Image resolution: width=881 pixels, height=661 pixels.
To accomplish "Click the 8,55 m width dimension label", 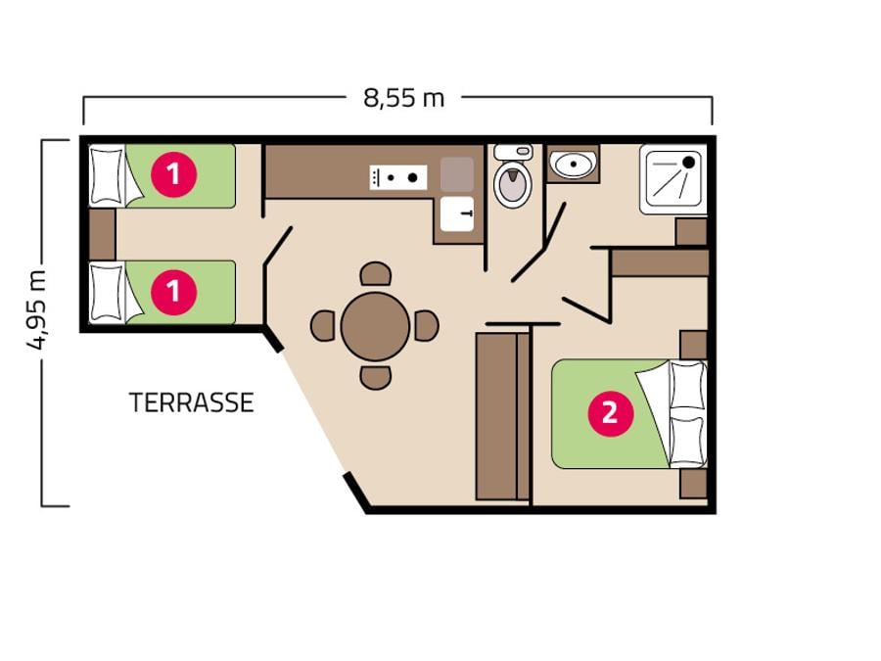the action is coord(404,98).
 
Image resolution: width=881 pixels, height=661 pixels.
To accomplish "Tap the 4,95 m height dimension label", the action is coord(37,309).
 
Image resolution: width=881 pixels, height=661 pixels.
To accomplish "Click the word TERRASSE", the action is coord(192,402).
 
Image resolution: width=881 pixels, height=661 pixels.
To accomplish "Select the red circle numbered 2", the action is coord(611,413).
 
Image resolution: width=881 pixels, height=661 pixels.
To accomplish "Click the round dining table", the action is coord(375,326).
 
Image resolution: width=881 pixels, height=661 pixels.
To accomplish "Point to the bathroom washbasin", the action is coord(573,164).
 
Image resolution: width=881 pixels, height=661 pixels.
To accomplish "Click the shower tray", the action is coord(673,179).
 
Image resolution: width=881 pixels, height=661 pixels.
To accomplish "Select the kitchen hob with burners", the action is coord(398,177).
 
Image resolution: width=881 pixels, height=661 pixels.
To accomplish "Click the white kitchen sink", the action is coord(457,213).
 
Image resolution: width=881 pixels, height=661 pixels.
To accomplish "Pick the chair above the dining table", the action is coord(376,274).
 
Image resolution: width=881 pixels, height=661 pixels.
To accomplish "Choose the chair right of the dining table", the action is coord(427,326).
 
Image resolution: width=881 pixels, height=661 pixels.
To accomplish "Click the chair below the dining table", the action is coord(376,378).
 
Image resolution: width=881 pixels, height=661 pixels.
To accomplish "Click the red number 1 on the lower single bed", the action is coord(174,291).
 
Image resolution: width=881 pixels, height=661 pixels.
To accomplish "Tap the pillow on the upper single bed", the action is coord(107,176).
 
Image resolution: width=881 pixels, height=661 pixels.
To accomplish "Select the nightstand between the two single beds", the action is coord(102,234).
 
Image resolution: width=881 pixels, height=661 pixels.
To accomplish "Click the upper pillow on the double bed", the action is coord(687,386).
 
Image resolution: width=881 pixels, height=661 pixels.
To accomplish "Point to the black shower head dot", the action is coord(688,163).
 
